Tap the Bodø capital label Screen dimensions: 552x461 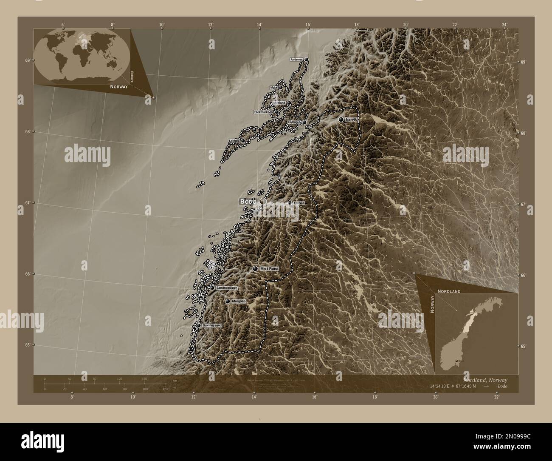click(x=248, y=201)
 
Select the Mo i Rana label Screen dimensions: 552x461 click(x=269, y=269)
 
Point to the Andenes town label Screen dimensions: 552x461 click(x=297, y=60)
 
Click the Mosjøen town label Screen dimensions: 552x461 click(x=239, y=301)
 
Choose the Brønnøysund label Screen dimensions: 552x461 click(x=212, y=325)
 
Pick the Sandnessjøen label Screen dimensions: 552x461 click(x=226, y=288)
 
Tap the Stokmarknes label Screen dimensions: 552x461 click(x=264, y=112)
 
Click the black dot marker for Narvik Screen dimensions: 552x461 click(x=341, y=120)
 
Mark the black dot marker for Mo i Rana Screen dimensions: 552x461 click(x=255, y=269)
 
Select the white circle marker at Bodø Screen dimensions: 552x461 click(x=263, y=201)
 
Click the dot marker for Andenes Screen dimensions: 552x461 click(x=306, y=60)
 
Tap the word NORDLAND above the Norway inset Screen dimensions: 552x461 click(x=448, y=291)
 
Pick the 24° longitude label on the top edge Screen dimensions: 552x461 click(x=504, y=24)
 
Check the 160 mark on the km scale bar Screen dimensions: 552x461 click(x=144, y=378)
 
